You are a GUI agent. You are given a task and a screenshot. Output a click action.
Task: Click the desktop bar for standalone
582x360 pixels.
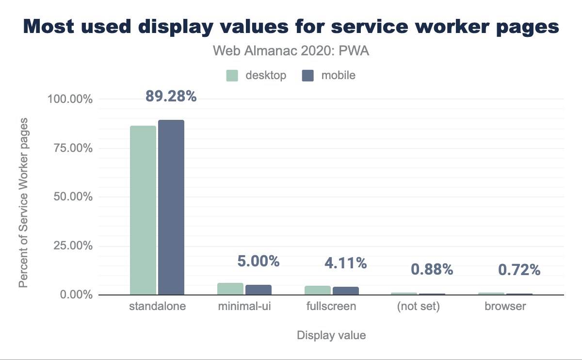[x=143, y=210]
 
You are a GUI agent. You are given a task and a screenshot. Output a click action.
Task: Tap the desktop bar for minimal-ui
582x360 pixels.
[x=230, y=289]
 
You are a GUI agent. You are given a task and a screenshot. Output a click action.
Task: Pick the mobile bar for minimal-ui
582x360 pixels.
[x=259, y=290]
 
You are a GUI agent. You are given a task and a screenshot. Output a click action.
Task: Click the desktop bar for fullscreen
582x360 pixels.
[x=318, y=290]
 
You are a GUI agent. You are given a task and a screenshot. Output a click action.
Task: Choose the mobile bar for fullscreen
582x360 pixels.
[x=346, y=291]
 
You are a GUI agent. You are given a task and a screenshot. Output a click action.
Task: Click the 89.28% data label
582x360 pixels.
[x=171, y=97]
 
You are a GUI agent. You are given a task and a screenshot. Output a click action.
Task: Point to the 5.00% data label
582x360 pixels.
[x=259, y=262]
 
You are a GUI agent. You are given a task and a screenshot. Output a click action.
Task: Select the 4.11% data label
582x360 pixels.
[x=346, y=263]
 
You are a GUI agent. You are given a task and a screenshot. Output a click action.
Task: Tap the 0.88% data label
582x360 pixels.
[x=432, y=270]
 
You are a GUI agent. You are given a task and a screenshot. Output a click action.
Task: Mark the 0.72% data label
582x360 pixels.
[x=519, y=270]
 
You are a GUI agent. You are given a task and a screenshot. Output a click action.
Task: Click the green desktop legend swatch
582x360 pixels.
[x=232, y=76]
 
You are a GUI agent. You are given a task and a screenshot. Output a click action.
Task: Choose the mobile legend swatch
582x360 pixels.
[x=308, y=76]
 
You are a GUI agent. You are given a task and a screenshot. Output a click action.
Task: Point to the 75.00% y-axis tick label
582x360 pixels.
[x=70, y=148]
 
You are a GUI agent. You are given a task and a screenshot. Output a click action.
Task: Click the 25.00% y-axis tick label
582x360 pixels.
[x=70, y=245]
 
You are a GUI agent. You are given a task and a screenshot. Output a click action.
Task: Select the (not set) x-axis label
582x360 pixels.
[x=418, y=307]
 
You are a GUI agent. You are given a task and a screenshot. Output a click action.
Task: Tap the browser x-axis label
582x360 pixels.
[x=505, y=307]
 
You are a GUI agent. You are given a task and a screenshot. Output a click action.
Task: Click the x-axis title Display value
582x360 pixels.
[x=331, y=335]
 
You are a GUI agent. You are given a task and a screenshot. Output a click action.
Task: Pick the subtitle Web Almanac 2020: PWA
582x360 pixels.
[x=291, y=51]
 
